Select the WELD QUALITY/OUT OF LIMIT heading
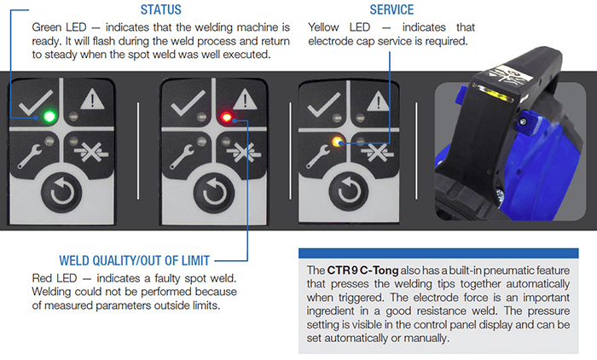point(134,260)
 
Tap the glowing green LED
point(50,116)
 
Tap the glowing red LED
point(225,116)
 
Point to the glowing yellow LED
point(338,142)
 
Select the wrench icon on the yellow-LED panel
point(321,154)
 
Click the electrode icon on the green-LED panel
point(91,154)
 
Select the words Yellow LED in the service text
point(337,27)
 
